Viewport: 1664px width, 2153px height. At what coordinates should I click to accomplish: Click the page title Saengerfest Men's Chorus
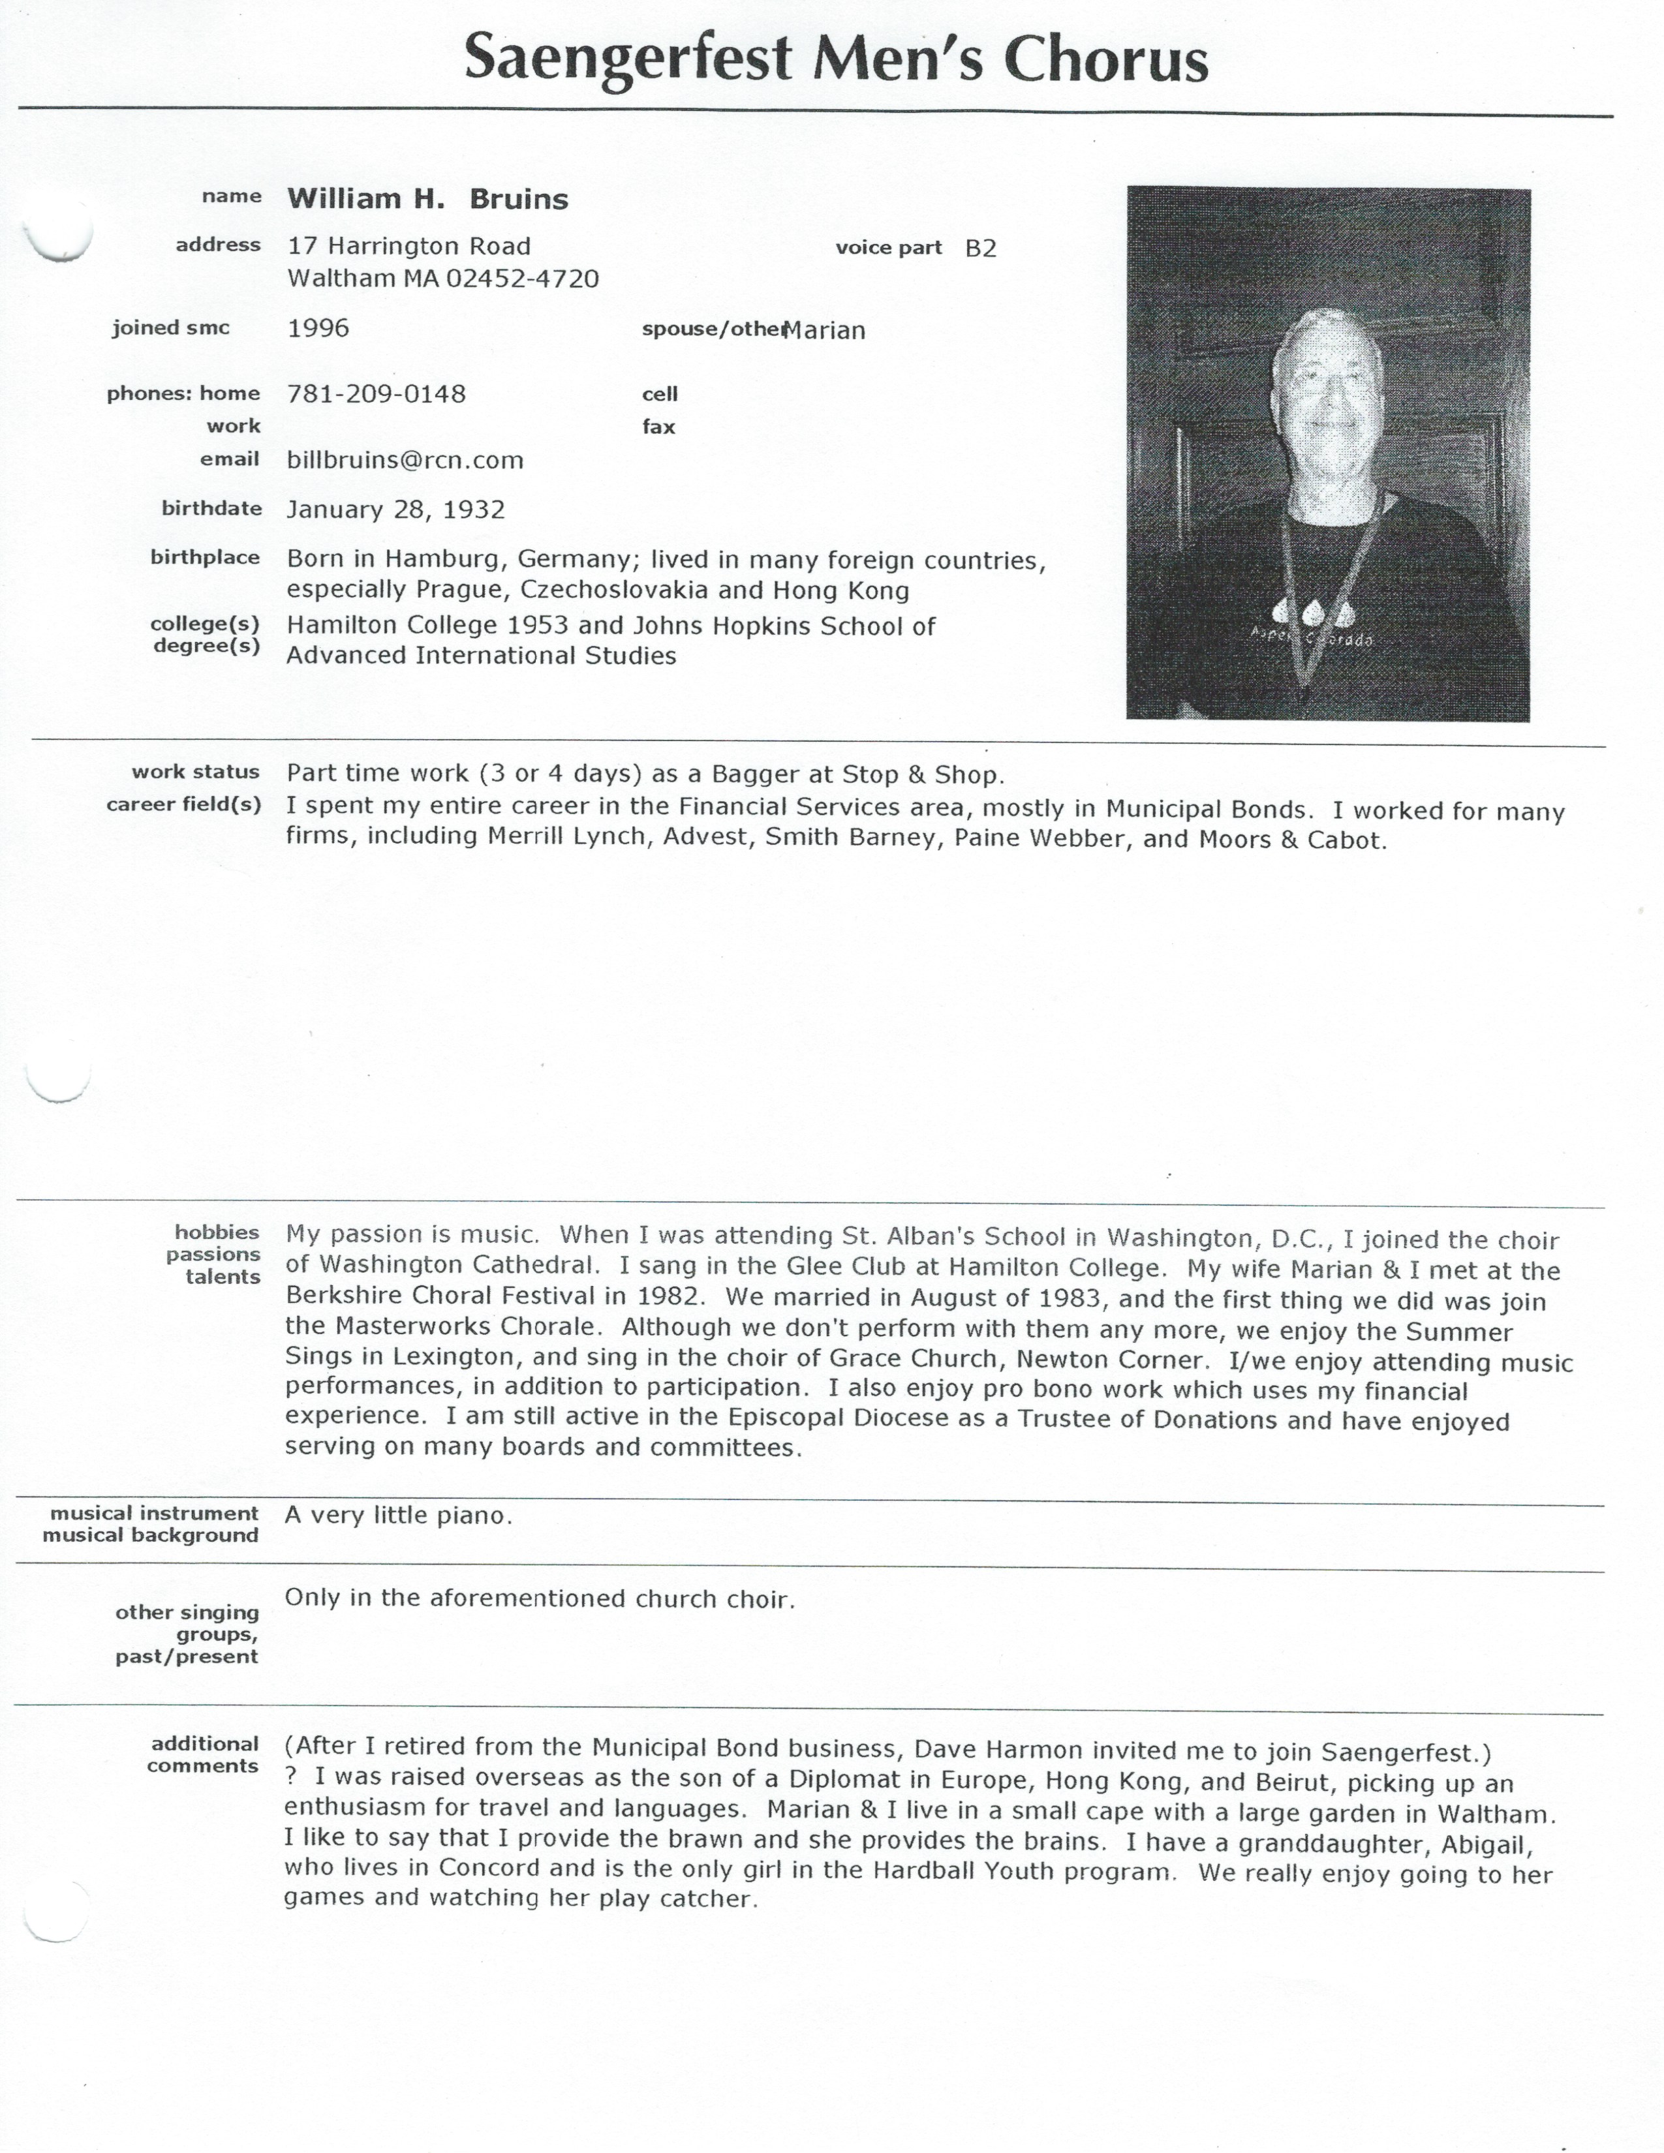tap(836, 59)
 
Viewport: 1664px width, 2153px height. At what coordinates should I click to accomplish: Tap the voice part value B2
tap(981, 249)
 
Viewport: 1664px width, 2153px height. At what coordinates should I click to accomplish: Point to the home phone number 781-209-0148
tap(376, 394)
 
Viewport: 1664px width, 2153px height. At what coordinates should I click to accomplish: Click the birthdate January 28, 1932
tap(395, 510)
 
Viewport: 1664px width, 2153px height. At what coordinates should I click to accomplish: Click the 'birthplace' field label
tap(205, 558)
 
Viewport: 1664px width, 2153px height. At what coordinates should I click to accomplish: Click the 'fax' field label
tap(658, 427)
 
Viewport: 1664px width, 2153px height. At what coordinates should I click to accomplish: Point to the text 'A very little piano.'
tap(398, 1515)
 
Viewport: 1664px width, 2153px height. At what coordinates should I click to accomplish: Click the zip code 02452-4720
tap(523, 279)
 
